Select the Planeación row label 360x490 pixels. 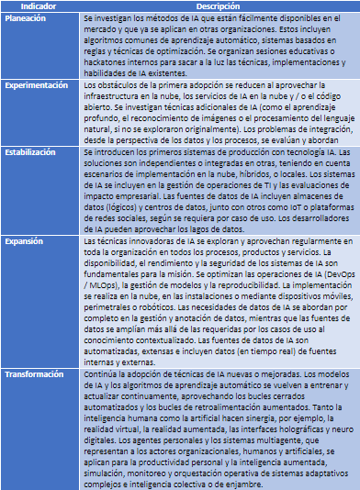[28, 19]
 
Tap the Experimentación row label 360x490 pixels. [38, 84]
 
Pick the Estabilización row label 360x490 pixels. [33, 152]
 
